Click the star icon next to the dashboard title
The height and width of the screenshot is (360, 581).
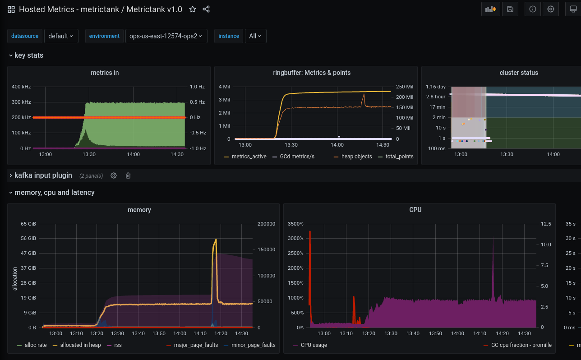point(193,9)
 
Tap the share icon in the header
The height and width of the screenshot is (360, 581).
point(206,9)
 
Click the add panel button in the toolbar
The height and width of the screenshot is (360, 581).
point(490,9)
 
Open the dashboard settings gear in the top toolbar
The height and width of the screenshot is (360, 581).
point(551,9)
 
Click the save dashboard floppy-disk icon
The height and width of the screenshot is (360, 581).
point(510,9)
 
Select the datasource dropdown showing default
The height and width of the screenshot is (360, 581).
point(61,36)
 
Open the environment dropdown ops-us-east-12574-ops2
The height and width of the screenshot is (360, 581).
point(166,36)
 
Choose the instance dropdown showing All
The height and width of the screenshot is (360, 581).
point(255,36)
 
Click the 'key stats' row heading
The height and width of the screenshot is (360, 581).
point(29,55)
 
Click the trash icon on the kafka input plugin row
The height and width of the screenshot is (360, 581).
point(128,175)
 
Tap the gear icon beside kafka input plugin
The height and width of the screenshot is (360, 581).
point(114,175)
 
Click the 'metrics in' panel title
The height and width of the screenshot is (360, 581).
point(105,73)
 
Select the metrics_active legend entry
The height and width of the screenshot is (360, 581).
point(249,157)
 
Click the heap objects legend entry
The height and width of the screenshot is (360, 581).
point(356,157)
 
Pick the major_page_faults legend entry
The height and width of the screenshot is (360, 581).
point(196,345)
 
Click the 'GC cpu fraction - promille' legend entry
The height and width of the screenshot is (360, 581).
point(521,345)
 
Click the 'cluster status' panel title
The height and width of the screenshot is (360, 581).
point(519,73)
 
